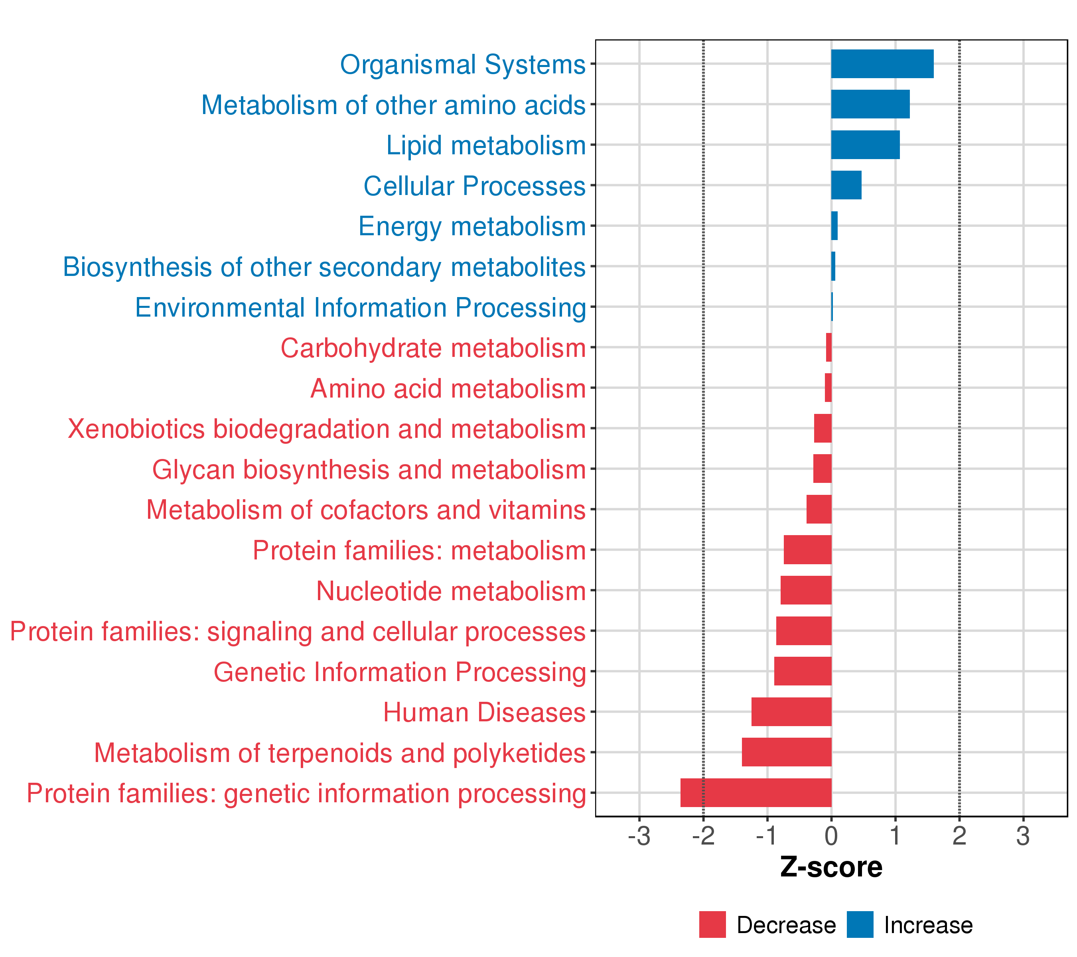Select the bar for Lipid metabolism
pyautogui.click(x=865, y=145)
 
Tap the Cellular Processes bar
pyautogui.click(x=846, y=185)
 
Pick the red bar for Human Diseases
pyautogui.click(x=791, y=711)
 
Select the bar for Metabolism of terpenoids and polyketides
pyautogui.click(x=786, y=752)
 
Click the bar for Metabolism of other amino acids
pyautogui.click(x=870, y=104)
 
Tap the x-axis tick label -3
pyautogui.click(x=639, y=837)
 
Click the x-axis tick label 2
pyautogui.click(x=959, y=837)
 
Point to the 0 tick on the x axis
pyautogui.click(x=831, y=837)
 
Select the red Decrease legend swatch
pyautogui.click(x=712, y=925)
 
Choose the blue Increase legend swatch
pyautogui.click(x=860, y=925)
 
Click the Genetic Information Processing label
pyautogui.click(x=399, y=672)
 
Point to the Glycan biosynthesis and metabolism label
pyautogui.click(x=369, y=469)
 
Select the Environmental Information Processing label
pyautogui.click(x=361, y=307)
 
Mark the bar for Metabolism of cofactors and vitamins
pyautogui.click(x=819, y=509)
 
